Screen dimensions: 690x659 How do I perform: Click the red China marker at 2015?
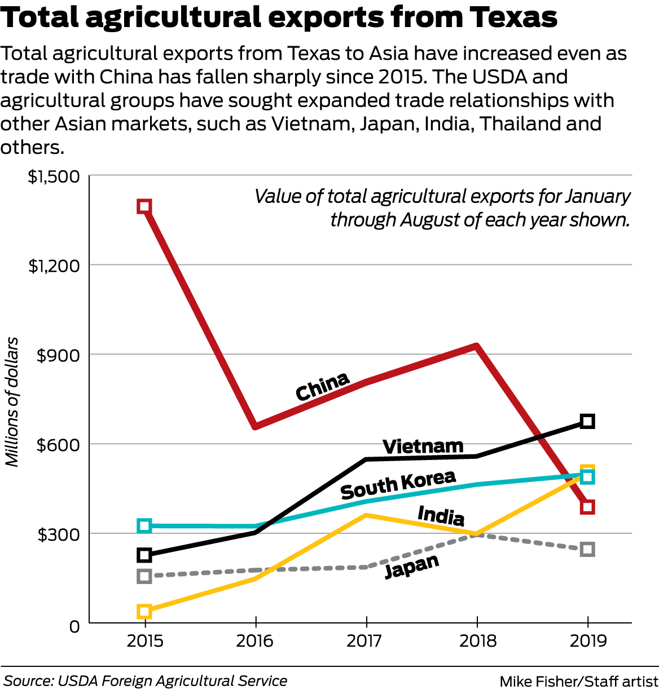[144, 206]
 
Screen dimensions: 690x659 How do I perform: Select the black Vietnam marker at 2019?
[587, 421]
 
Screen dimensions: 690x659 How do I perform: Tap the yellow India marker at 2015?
[144, 611]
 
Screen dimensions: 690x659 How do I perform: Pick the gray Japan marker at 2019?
[587, 549]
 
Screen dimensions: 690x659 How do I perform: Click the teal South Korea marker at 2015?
[144, 525]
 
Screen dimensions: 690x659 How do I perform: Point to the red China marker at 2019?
[587, 507]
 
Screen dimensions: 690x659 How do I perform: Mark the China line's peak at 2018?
[477, 347]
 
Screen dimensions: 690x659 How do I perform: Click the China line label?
[322, 386]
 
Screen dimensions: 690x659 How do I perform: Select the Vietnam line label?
[423, 446]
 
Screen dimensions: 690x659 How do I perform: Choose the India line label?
[441, 515]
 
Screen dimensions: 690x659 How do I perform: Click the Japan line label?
[411, 567]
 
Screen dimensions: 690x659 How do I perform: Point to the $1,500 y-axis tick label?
[54, 176]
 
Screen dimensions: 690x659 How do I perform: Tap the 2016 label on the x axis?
[255, 641]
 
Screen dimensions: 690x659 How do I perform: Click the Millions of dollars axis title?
[12, 401]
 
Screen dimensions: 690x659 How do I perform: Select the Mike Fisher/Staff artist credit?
[578, 681]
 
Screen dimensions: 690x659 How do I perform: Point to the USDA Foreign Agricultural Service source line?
[146, 681]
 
